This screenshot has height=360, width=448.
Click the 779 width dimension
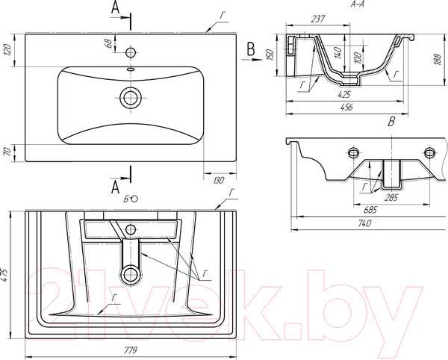[x=131, y=350]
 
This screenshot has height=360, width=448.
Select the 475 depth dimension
[x=5, y=275]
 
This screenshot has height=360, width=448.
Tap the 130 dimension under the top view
[x=219, y=181]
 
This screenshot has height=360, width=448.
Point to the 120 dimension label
[x=7, y=50]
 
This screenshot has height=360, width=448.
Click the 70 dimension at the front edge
[x=7, y=152]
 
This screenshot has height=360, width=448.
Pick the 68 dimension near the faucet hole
[x=108, y=43]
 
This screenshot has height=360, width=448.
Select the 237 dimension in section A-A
[x=318, y=19]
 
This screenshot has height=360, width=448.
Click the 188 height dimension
[x=438, y=59]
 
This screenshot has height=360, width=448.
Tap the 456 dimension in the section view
[x=346, y=107]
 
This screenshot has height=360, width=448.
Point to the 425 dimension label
[x=344, y=94]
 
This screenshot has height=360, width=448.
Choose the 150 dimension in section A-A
[x=270, y=55]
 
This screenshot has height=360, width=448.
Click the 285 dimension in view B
[x=391, y=198]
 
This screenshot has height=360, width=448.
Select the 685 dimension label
[x=370, y=210]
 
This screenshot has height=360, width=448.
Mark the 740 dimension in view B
[x=364, y=223]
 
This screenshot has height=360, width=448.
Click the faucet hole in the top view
[x=131, y=52]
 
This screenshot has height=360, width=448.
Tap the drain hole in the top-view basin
[x=131, y=97]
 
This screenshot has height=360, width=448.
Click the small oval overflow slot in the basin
[x=131, y=69]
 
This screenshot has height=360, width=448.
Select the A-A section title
[x=358, y=4]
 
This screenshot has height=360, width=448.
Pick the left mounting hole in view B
[x=353, y=152]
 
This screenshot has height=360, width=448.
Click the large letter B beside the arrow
[x=251, y=49]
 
